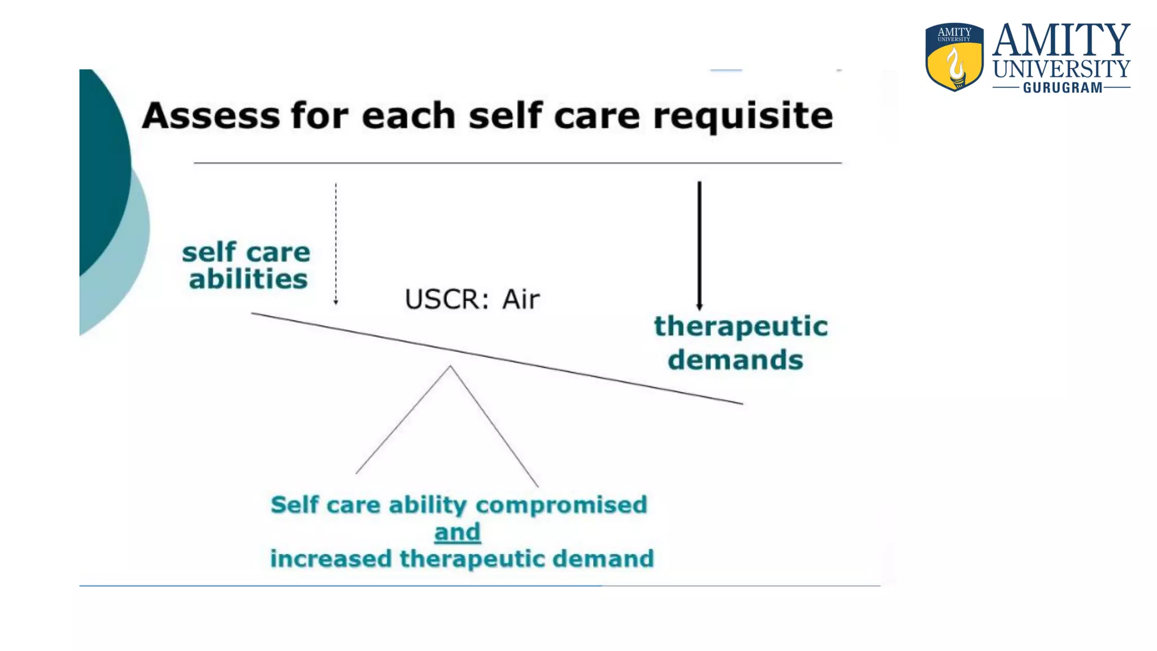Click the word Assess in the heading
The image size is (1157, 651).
[210, 115]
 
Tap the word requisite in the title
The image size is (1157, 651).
[742, 116]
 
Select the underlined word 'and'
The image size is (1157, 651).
[457, 532]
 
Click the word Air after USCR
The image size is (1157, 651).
[521, 299]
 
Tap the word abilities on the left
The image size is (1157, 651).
[248, 279]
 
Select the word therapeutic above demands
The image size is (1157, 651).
[740, 326]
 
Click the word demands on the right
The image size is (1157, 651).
[735, 360]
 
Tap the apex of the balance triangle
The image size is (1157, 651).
[450, 367]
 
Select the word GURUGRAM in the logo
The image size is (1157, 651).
[1062, 88]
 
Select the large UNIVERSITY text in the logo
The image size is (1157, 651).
[1061, 69]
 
